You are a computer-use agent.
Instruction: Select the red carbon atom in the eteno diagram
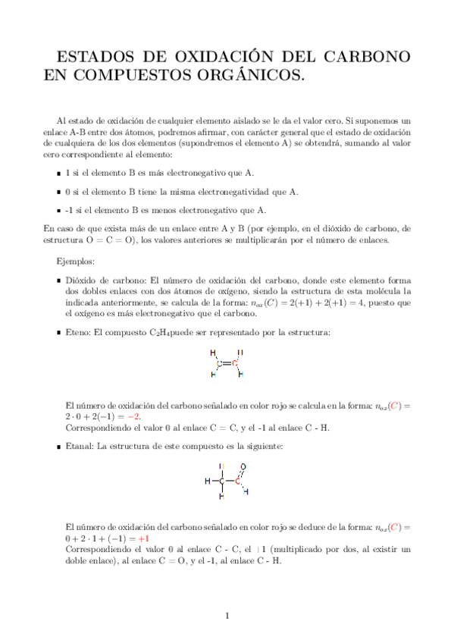coord(235,363)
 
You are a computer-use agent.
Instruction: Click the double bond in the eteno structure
coord(227,363)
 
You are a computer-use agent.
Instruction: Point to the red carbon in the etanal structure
coord(236,481)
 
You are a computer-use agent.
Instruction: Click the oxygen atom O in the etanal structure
coord(243,467)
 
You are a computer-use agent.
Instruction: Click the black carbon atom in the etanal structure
coord(222,481)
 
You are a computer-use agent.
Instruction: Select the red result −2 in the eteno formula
coord(133,416)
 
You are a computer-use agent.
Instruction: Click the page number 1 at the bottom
coord(227,615)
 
